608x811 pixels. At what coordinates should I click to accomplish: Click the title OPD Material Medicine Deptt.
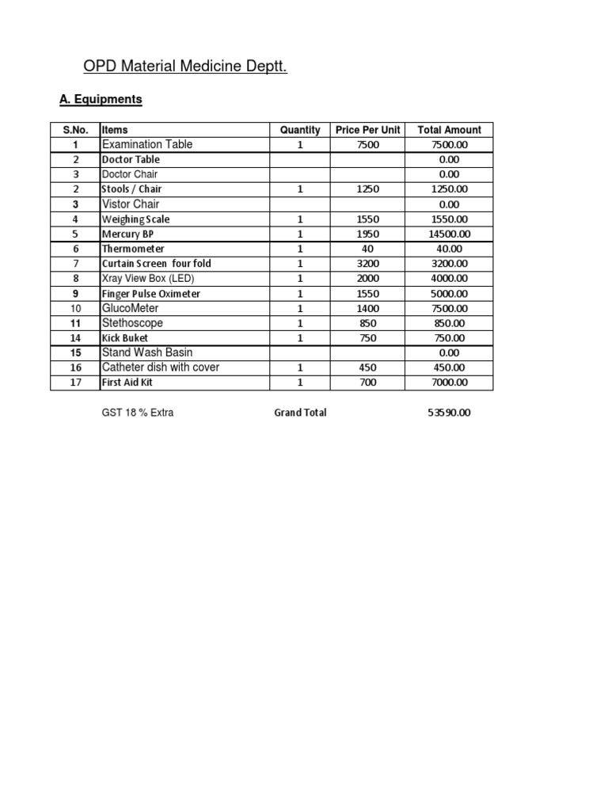[x=185, y=67]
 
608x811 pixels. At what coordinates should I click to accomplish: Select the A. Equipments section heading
[x=101, y=100]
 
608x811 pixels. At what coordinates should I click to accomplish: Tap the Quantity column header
[x=300, y=130]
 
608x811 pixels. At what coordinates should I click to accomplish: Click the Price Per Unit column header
[x=368, y=130]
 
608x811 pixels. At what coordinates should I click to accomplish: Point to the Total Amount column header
[x=449, y=130]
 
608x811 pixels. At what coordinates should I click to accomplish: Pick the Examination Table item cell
[x=147, y=144]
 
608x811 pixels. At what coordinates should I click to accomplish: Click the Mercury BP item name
[x=127, y=234]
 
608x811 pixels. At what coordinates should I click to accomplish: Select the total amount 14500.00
[x=449, y=234]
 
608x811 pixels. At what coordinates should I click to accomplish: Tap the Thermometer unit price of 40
[x=367, y=249]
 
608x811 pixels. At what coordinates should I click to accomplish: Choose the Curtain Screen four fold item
[x=156, y=264]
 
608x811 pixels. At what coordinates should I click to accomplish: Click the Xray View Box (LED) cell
[x=147, y=279]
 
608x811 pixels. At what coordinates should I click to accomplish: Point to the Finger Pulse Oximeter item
[x=150, y=294]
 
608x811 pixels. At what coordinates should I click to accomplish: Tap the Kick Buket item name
[x=125, y=338]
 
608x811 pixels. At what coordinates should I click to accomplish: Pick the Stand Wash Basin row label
[x=147, y=352]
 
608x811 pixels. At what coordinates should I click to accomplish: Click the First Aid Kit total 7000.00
[x=449, y=383]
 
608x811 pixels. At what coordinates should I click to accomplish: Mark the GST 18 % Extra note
[x=137, y=413]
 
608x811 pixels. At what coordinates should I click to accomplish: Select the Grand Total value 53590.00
[x=448, y=413]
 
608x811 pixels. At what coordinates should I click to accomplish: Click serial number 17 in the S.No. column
[x=75, y=383]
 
